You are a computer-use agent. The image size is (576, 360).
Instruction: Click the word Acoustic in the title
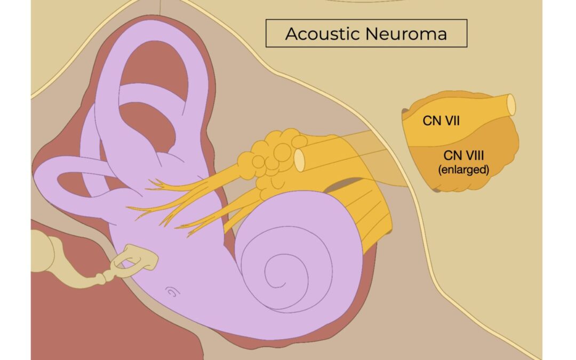pyautogui.click(x=321, y=34)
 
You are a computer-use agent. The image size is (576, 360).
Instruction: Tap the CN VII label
pyautogui.click(x=442, y=121)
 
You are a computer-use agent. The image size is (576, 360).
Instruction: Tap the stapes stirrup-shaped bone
pyautogui.click(x=136, y=260)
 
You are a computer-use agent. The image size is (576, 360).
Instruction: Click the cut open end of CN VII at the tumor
pyautogui.click(x=511, y=105)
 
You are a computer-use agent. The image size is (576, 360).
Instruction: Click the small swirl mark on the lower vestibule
pyautogui.click(x=172, y=291)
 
